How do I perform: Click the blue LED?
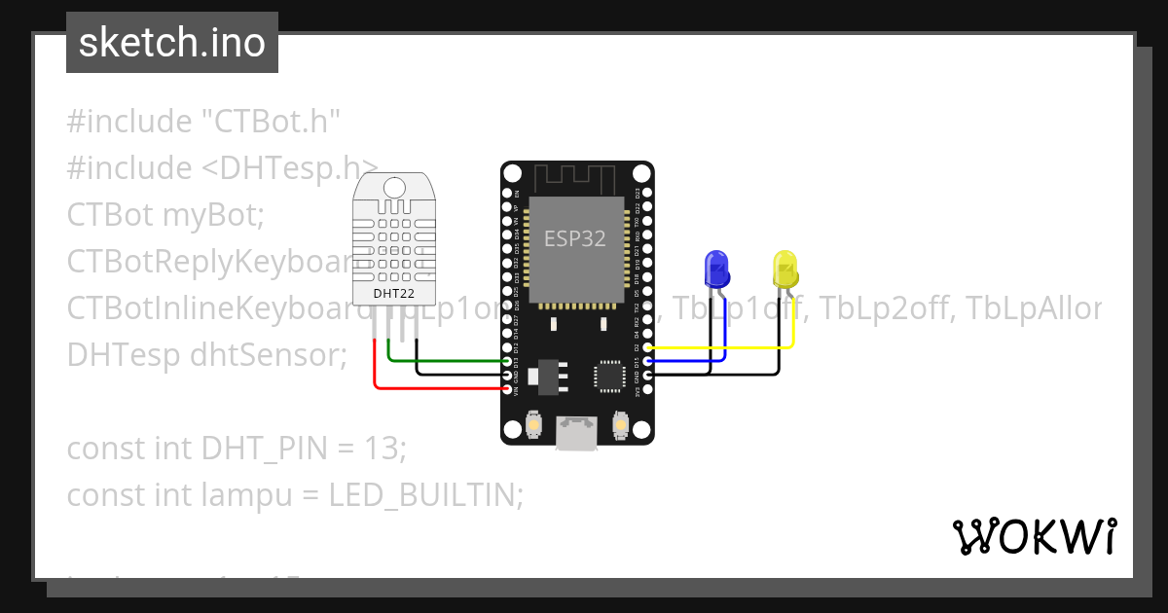pyautogui.click(x=715, y=268)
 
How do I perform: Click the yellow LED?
pyautogui.click(x=785, y=268)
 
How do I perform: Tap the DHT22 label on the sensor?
pyautogui.click(x=394, y=293)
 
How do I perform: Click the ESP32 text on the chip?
pyautogui.click(x=574, y=239)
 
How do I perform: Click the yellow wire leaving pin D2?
pyautogui.click(x=720, y=346)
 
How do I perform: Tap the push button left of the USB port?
pyautogui.click(x=533, y=425)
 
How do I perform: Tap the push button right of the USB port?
pyautogui.click(x=620, y=425)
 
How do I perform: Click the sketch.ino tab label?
pyautogui.click(x=172, y=43)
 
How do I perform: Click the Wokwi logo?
pyautogui.click(x=1034, y=536)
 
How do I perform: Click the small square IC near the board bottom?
pyautogui.click(x=610, y=375)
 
